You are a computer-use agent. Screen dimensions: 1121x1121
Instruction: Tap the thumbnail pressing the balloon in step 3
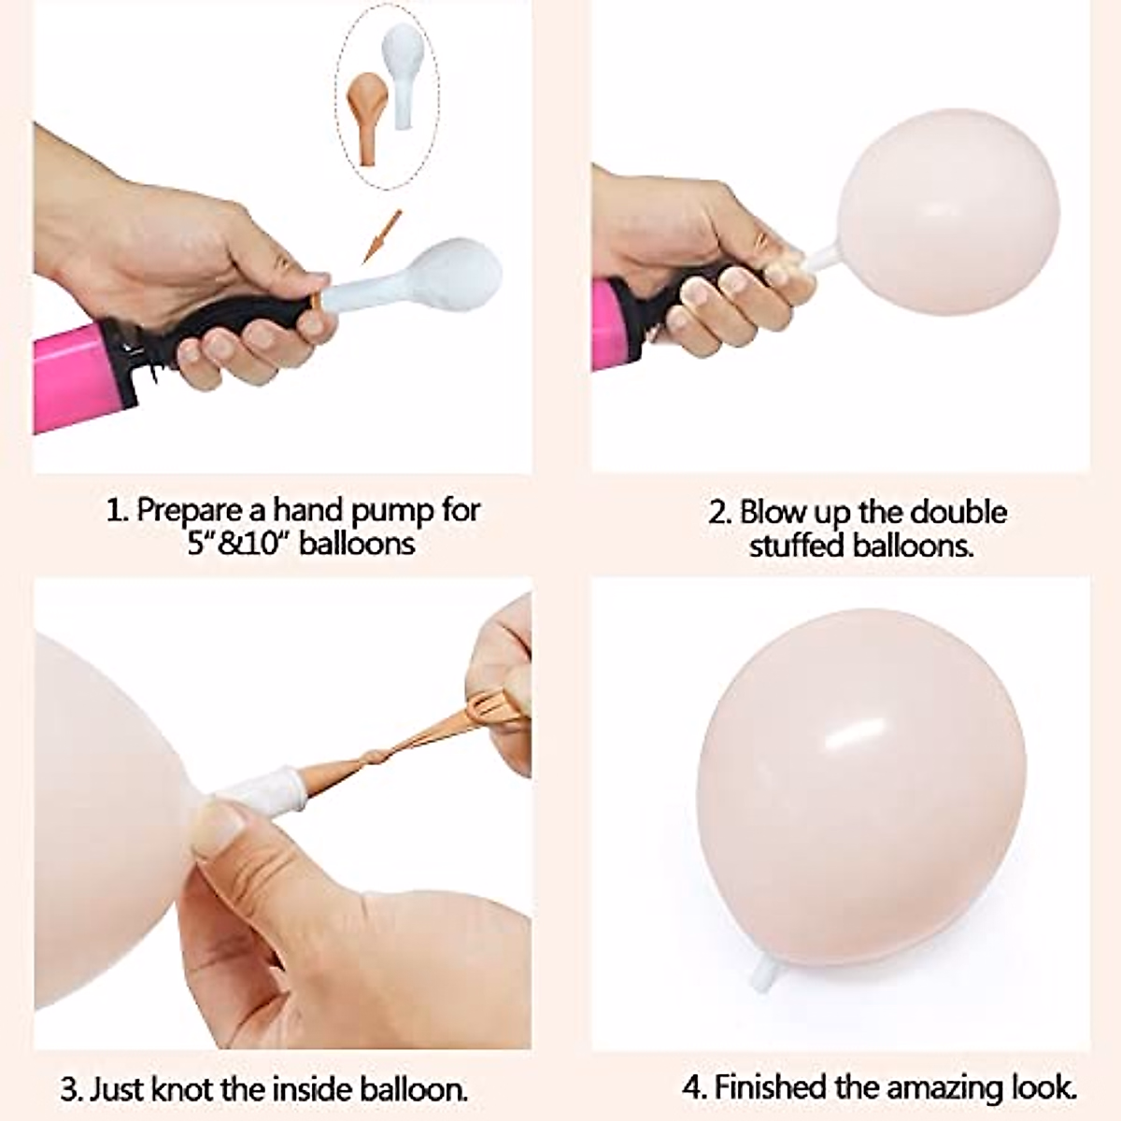point(217,828)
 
